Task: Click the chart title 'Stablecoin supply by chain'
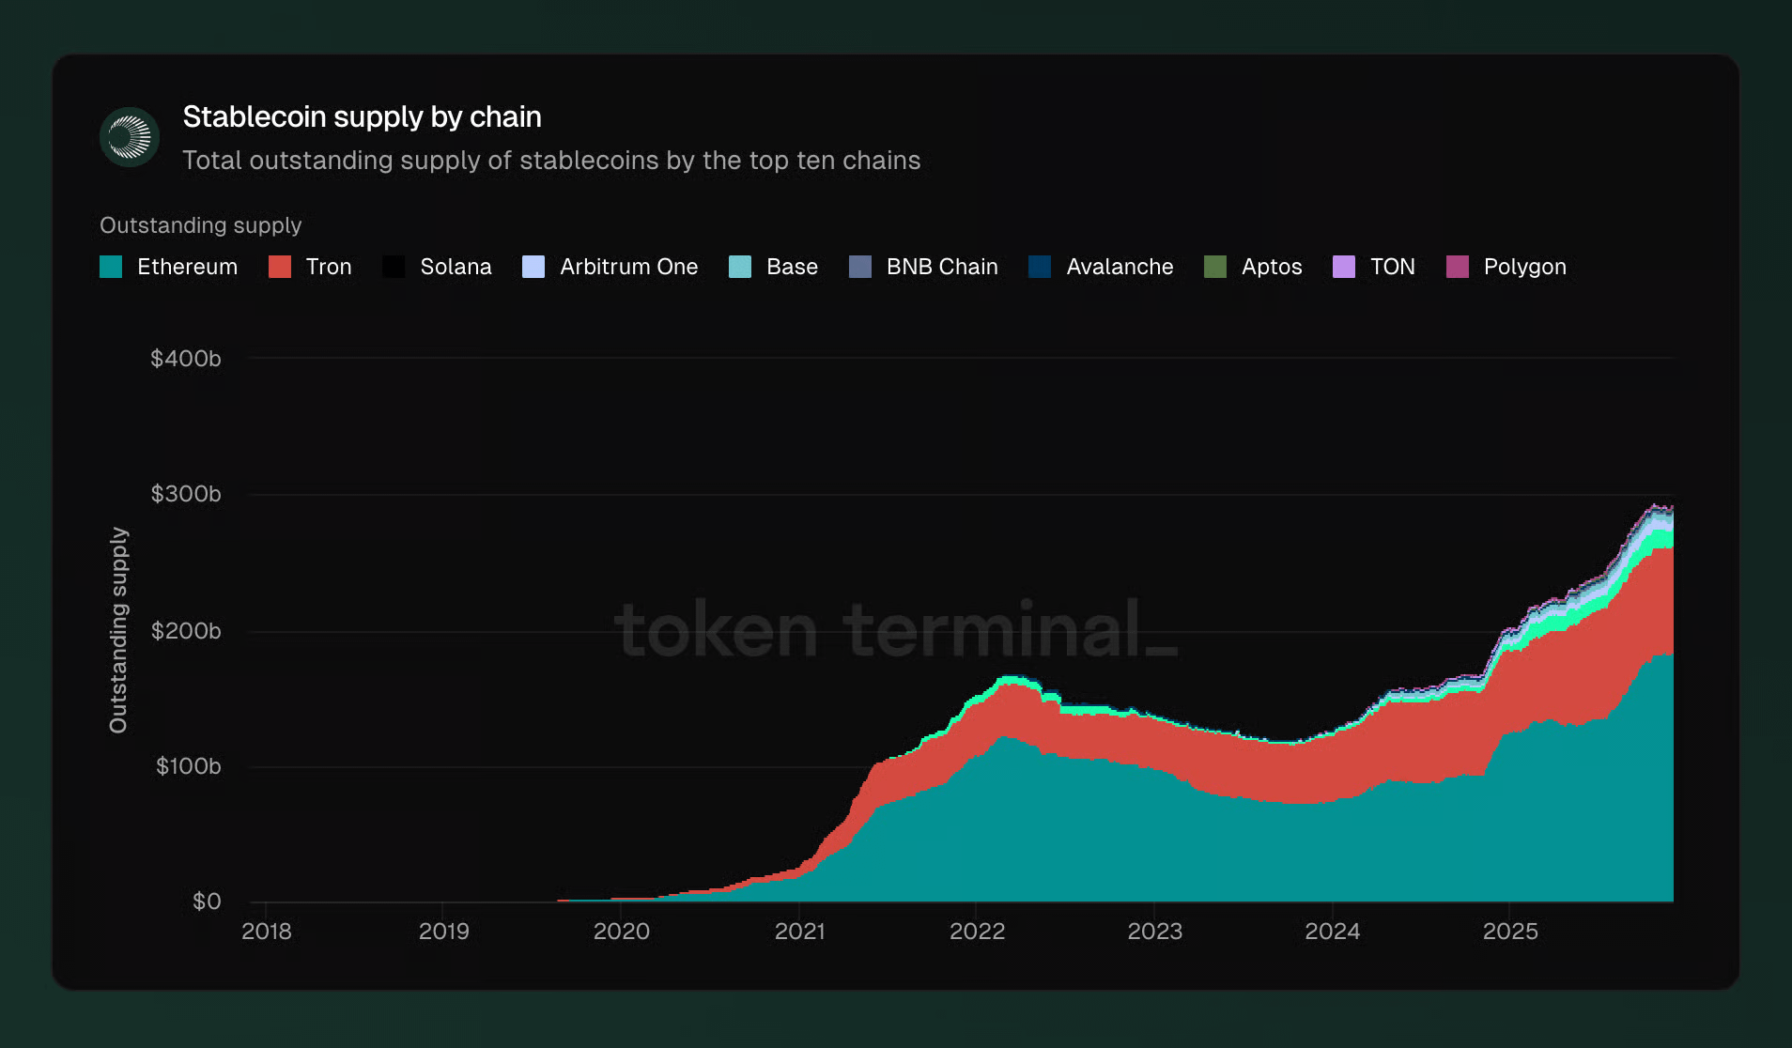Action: (362, 117)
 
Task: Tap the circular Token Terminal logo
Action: (130, 137)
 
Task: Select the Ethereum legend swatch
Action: (111, 267)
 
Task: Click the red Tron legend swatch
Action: (280, 267)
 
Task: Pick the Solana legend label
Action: (456, 267)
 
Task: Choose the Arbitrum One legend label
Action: (628, 267)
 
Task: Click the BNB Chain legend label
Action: (941, 267)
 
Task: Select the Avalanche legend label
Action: (1120, 267)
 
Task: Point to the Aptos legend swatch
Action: (1215, 267)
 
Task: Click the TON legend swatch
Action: (1344, 267)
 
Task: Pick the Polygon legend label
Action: (1524, 267)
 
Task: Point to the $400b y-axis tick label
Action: (186, 359)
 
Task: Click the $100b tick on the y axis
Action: (188, 766)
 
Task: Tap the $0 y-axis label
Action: (207, 902)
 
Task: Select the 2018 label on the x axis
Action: (267, 932)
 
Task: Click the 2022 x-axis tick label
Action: (977, 932)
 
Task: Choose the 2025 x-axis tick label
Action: (1510, 932)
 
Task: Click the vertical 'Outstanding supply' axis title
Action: (118, 630)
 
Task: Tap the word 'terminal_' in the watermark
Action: (1010, 630)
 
